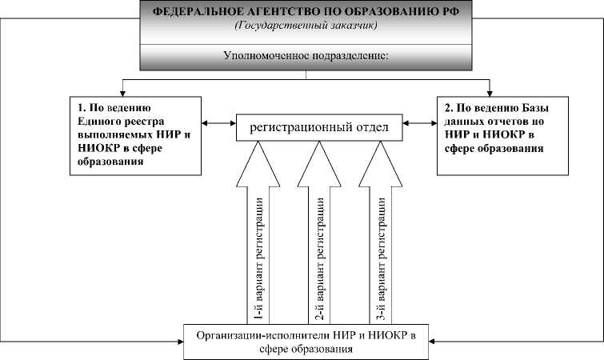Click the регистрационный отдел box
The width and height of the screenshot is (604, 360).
[x=318, y=126]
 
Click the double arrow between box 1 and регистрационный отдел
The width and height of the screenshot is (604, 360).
[x=218, y=123]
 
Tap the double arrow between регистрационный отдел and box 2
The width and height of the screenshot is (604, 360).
[x=421, y=123]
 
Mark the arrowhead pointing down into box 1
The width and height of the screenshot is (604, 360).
[x=122, y=90]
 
